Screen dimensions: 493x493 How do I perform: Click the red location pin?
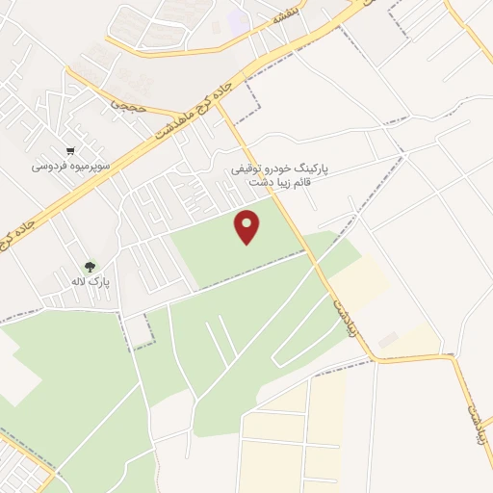pyautogui.click(x=247, y=226)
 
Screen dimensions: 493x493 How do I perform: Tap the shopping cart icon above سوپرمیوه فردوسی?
pyautogui.click(x=70, y=151)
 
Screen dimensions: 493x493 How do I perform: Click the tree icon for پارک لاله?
pyautogui.click(x=90, y=266)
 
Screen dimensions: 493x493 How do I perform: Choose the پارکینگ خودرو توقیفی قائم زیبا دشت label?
pyautogui.click(x=279, y=174)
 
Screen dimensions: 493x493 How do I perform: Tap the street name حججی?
pyautogui.click(x=126, y=104)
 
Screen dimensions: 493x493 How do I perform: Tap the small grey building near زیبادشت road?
pyautogui.click(x=388, y=341)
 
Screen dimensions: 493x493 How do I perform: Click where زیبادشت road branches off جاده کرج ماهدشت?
pyautogui.click(x=217, y=99)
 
